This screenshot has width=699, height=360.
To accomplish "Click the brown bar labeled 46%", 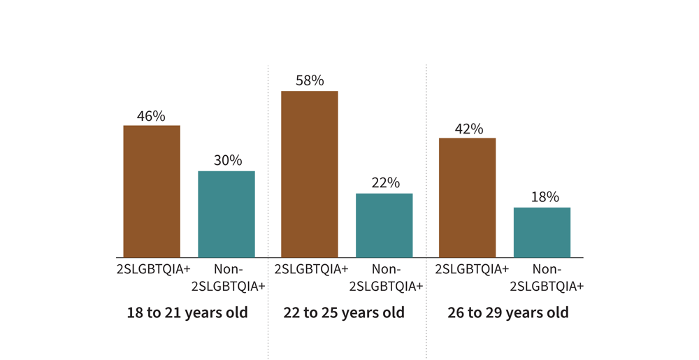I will (152, 192).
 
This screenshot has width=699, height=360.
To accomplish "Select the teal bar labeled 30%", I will (226, 214).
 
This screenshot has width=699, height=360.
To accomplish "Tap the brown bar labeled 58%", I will (310, 174).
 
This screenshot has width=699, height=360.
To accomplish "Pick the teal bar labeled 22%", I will (384, 225).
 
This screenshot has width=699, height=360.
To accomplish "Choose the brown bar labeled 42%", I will (467, 198).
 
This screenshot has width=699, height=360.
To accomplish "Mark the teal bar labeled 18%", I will (542, 232).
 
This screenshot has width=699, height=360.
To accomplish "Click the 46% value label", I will (151, 116).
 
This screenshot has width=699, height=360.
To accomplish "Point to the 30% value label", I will (227, 161).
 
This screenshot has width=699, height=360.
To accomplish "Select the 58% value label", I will (310, 81).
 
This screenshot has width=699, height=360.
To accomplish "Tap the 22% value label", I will (385, 183).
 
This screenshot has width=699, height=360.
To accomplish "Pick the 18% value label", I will (545, 197).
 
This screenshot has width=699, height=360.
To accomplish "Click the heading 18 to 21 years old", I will (187, 312).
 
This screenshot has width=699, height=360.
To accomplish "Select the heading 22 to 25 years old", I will (344, 312).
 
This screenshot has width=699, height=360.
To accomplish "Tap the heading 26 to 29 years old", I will (508, 312).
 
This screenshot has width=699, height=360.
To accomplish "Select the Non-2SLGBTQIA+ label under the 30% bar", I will (228, 278).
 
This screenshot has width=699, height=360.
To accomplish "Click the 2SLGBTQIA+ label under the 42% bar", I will (472, 269).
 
